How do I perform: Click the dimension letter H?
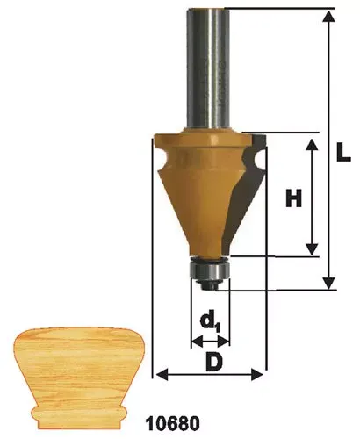pyautogui.click(x=293, y=198)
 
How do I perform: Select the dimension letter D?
pyautogui.click(x=213, y=362)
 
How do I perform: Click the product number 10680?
pyautogui.click(x=173, y=423)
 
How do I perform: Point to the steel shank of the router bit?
pyautogui.click(x=208, y=69)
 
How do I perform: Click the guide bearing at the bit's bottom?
pyautogui.click(x=209, y=270)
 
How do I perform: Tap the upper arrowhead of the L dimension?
pyautogui.click(x=329, y=17)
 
